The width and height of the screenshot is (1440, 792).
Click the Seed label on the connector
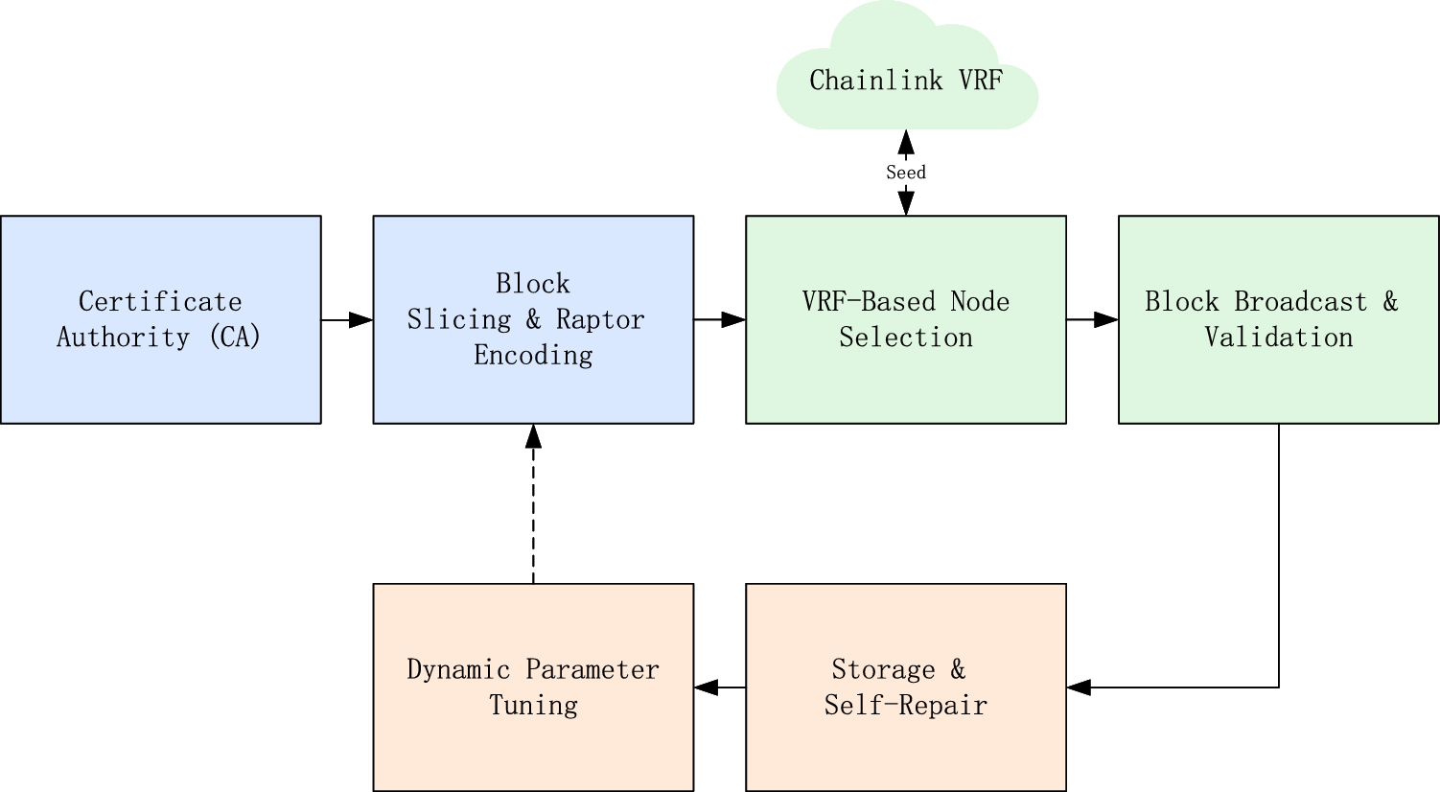pos(905,173)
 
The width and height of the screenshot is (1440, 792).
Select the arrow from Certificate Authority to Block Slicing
pos(346,319)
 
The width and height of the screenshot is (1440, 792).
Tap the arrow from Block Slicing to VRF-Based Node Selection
pos(719,319)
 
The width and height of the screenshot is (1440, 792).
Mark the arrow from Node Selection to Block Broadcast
pos(1092,319)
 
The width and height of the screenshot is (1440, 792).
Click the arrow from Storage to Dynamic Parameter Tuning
pos(719,687)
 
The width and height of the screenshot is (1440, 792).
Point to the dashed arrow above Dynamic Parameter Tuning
pos(533,503)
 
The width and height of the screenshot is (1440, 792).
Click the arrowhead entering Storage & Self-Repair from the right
pos(1079,687)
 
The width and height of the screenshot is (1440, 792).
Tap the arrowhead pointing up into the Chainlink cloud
pos(905,143)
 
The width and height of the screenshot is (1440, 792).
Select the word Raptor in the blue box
pos(600,319)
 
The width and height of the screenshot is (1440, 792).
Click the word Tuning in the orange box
pos(533,706)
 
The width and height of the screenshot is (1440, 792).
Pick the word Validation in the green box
pos(1278,338)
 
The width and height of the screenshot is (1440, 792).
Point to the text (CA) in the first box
pos(234,338)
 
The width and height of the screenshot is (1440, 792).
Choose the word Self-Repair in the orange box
pos(905,706)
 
